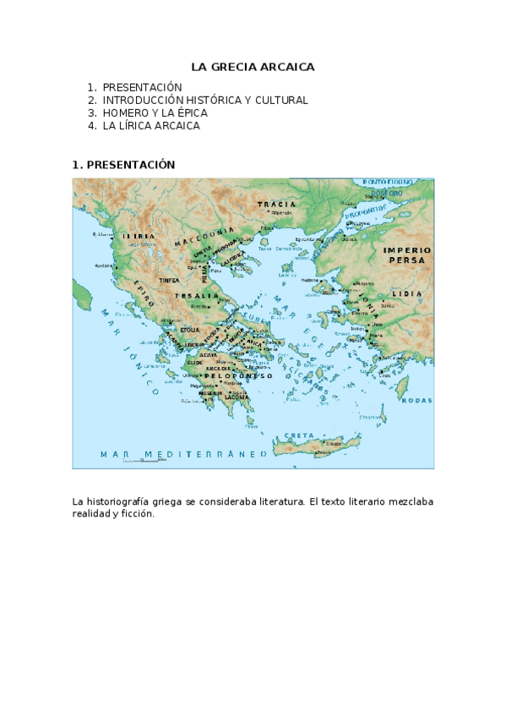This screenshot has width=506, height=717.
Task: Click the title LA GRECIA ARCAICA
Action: click(253, 66)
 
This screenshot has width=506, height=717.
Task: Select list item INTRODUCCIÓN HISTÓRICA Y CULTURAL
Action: click(205, 100)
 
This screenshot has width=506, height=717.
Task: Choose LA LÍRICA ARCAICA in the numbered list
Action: click(151, 125)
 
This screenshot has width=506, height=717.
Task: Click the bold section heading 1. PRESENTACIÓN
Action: click(123, 165)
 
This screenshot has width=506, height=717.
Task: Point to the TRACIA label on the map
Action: click(277, 205)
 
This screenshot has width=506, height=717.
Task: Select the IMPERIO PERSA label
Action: click(407, 255)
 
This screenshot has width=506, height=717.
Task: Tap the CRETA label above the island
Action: click(299, 435)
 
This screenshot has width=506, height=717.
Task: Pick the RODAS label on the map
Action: click(416, 401)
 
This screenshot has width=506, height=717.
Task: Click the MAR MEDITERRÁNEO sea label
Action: click(182, 454)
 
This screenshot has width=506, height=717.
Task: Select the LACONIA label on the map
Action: click(237, 397)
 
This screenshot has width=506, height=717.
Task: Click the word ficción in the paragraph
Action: click(139, 513)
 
